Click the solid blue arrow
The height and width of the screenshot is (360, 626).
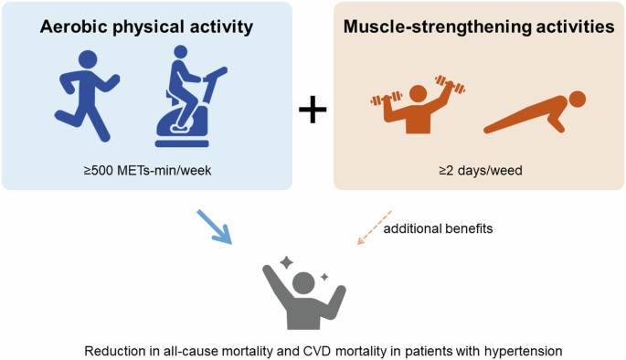215,228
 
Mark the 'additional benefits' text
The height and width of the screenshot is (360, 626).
439,228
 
